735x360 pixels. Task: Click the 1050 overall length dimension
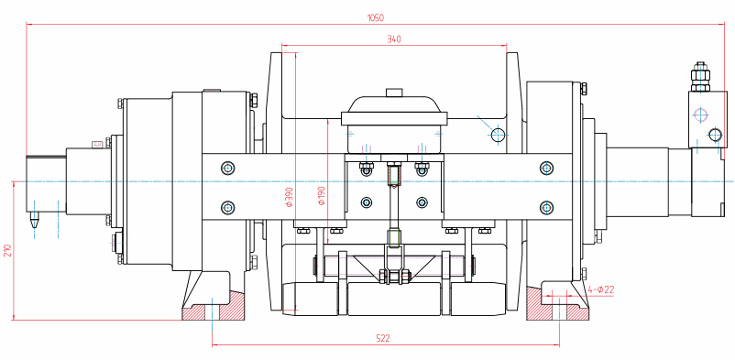[376, 18]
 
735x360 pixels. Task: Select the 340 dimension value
[394, 39]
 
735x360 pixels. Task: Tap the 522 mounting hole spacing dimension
[383, 338]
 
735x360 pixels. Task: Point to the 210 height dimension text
[7, 251]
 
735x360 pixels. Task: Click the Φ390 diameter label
[290, 197]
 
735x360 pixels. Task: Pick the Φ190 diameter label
[322, 196]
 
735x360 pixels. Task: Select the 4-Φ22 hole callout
[601, 289]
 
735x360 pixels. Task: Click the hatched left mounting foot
[214, 305]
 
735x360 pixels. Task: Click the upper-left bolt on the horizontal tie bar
[228, 168]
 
